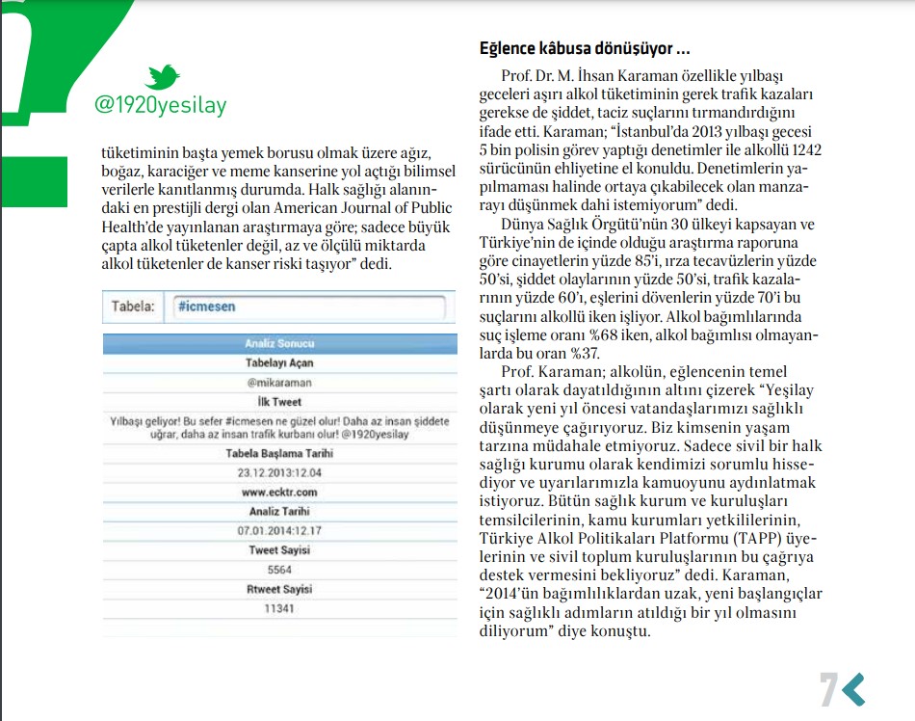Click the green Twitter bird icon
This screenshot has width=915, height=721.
tap(162, 77)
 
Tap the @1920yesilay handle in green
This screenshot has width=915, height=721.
tap(160, 105)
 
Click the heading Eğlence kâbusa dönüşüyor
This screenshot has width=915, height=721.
tap(584, 48)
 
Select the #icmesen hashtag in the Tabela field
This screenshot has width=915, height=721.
tap(206, 307)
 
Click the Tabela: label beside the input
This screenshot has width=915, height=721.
tap(133, 307)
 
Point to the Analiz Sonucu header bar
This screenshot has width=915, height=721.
tap(280, 343)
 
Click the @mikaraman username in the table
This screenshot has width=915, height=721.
tap(280, 382)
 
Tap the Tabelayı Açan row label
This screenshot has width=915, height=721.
tap(280, 362)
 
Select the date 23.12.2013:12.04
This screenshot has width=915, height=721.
tap(280, 472)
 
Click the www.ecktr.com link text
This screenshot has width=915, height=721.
tap(280, 493)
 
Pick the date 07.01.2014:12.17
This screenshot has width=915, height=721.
tap(280, 531)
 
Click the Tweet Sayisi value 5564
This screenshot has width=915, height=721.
tap(280, 570)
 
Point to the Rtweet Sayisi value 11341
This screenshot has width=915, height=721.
tap(280, 609)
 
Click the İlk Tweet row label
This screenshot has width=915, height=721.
tap(280, 402)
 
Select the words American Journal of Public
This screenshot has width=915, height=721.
tap(349, 187)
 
